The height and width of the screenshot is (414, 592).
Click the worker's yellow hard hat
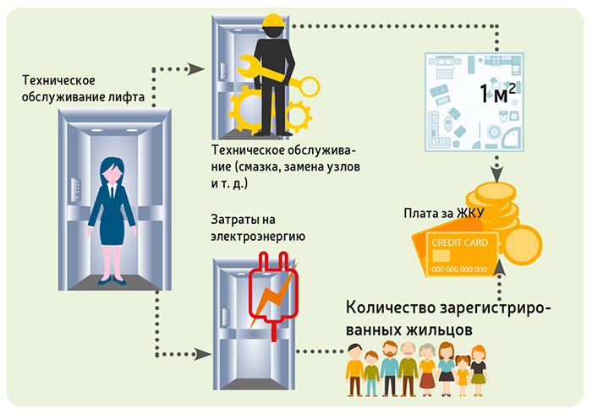point(273,21)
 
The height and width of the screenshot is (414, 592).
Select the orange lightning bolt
point(272,295)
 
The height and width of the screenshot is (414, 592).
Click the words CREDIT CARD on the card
point(459,242)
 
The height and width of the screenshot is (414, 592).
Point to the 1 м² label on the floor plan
point(497,93)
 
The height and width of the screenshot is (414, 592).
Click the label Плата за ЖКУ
point(444,214)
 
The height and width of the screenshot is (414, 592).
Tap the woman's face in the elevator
point(112,174)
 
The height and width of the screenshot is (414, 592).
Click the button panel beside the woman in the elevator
point(76,189)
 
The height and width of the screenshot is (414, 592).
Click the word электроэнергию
point(258,237)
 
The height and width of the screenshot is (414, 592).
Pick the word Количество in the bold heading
point(391,308)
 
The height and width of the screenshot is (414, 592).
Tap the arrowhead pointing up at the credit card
point(500,268)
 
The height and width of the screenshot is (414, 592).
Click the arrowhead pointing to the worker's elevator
point(196,69)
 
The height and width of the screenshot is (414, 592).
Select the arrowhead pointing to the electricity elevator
point(202,354)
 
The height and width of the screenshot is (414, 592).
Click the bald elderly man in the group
point(408,368)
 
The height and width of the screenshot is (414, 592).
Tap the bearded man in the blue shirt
point(390,368)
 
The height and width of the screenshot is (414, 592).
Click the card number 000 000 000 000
point(459,270)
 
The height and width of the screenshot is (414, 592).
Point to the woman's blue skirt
point(112,231)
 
